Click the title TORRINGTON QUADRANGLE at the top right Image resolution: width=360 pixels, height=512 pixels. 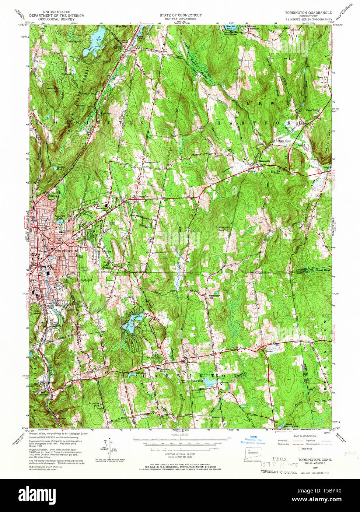tap(308, 13)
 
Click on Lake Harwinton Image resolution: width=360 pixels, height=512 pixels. tap(131, 324)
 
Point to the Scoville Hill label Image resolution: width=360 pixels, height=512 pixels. tap(94, 404)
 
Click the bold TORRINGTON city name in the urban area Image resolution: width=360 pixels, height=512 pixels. tap(66, 251)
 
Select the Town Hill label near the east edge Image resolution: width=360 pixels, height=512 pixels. tap(323, 77)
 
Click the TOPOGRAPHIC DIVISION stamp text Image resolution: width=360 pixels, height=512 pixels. tap(279, 472)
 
